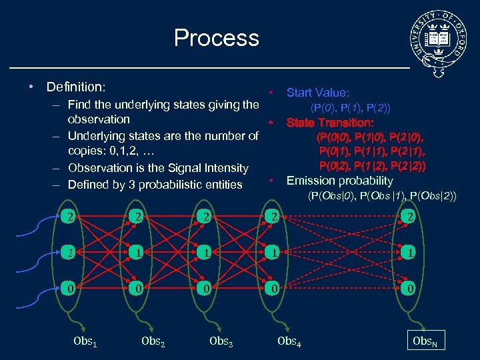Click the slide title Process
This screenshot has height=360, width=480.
coord(216,37)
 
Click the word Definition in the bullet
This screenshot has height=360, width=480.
coord(75,87)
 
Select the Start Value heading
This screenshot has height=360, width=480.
coord(317,93)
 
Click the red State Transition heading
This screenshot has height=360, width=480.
coord(329,123)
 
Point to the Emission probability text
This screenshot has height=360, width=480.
coord(339,181)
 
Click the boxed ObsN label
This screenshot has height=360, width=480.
coord(426,341)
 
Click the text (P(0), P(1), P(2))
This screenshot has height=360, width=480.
coord(351,107)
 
